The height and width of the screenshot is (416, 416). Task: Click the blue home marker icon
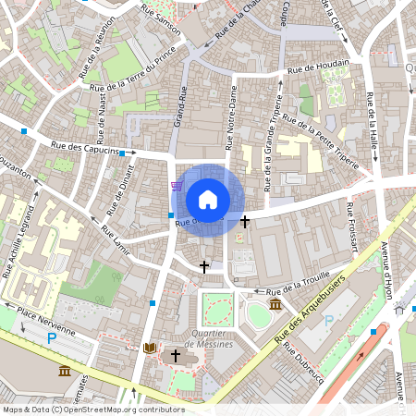[x=208, y=199]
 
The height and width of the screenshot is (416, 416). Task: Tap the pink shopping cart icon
[x=176, y=186]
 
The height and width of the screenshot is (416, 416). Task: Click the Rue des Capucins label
[x=86, y=146]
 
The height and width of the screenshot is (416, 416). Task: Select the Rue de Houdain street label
[x=318, y=67]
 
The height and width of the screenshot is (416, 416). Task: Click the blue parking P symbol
[x=52, y=338]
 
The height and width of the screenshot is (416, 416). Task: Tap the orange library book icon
[x=151, y=349]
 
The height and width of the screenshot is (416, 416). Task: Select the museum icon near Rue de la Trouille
[x=275, y=305]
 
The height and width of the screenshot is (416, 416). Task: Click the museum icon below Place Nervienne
[x=64, y=371]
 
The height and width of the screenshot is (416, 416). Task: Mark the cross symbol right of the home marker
[x=245, y=222]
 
